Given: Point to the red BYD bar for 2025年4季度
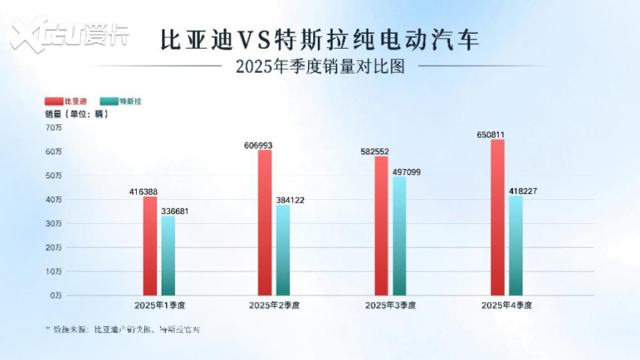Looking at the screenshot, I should coord(497,217).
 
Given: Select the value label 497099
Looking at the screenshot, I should coord(406,171).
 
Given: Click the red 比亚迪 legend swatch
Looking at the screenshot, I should coord(53,100).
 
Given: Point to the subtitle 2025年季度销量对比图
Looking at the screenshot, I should coord(320,66).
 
